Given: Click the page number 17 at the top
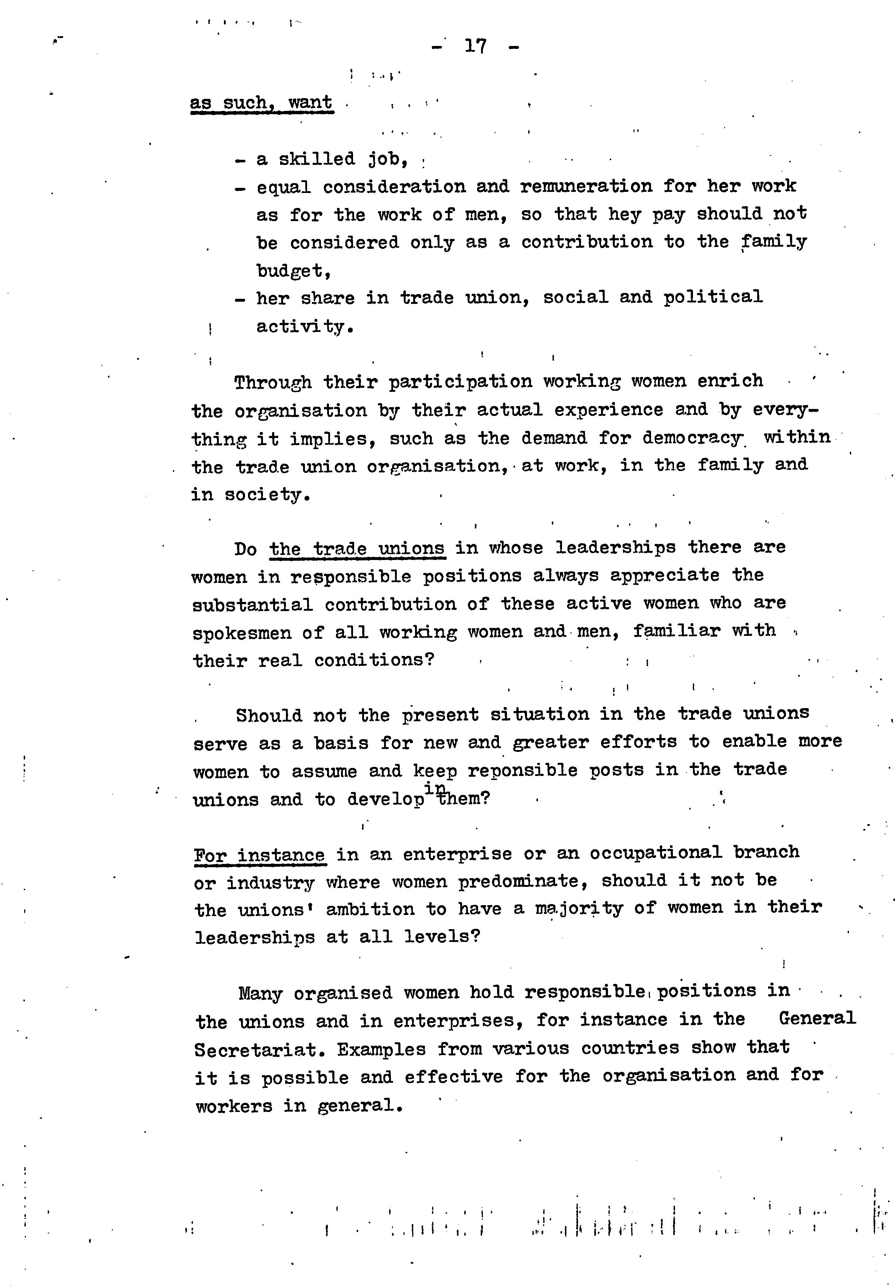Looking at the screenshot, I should point(476,46).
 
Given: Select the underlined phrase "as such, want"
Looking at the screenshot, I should point(261,103).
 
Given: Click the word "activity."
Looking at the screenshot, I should point(305,327).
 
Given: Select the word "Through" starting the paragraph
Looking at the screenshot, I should point(273,383).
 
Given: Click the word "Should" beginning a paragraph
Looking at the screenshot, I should point(268,716).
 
